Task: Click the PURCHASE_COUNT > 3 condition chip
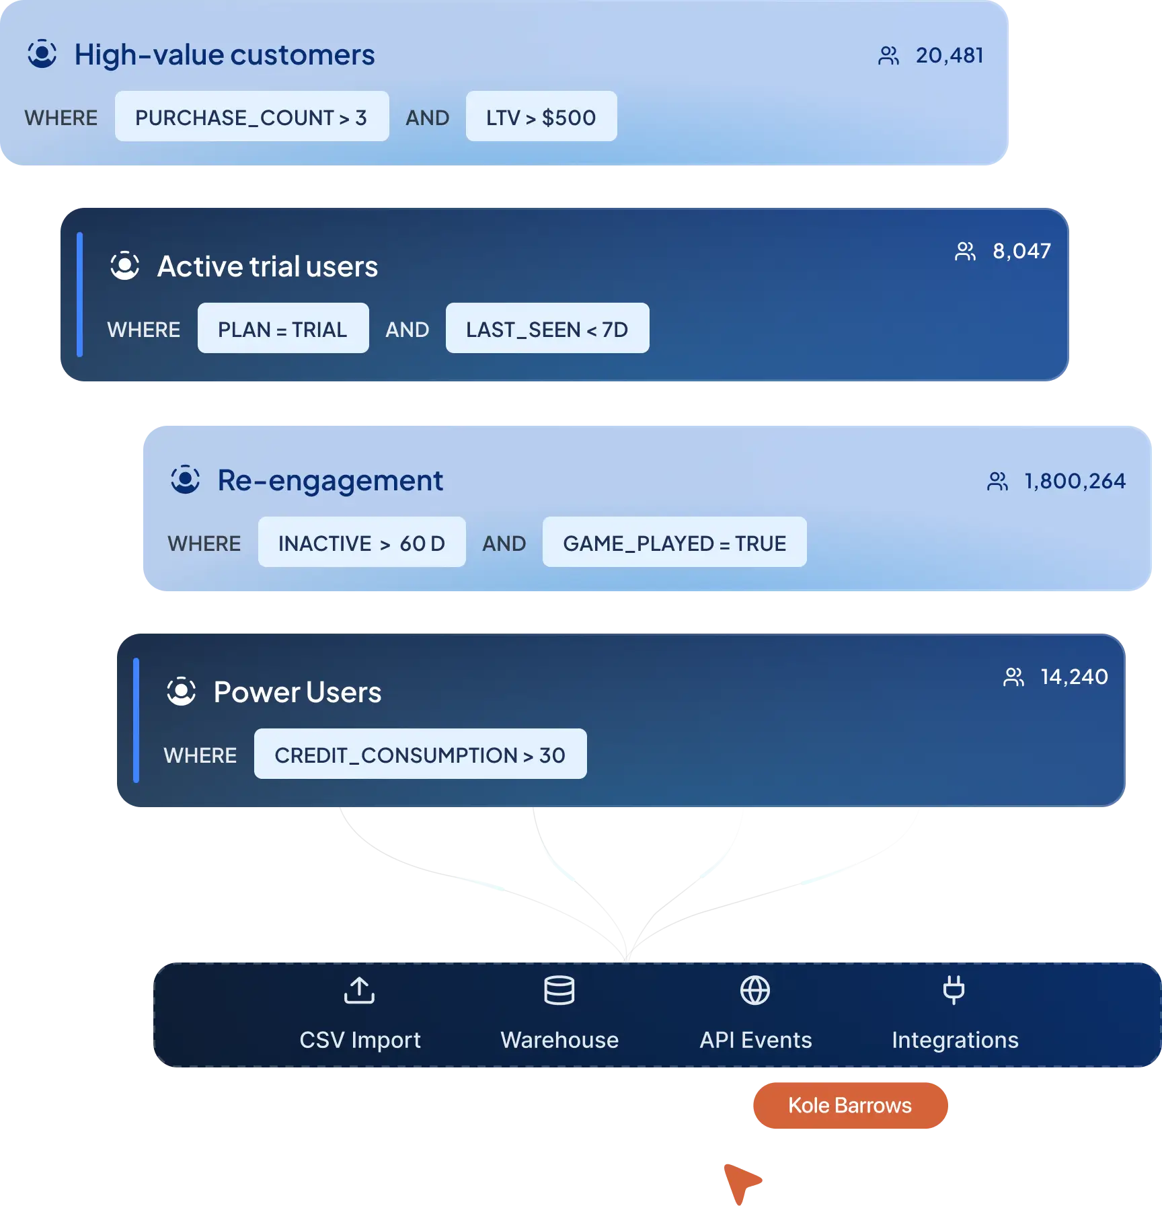click(251, 117)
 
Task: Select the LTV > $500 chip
click(541, 117)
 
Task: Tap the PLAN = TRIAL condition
click(282, 329)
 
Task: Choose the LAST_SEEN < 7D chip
click(547, 329)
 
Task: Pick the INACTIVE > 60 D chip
click(361, 543)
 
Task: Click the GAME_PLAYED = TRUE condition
click(674, 543)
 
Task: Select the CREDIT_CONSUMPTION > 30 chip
click(420, 755)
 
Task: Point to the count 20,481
click(949, 55)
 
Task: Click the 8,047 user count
click(1021, 251)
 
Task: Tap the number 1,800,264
click(1074, 481)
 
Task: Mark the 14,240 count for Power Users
click(1074, 677)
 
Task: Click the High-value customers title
click(224, 55)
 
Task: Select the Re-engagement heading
click(330, 481)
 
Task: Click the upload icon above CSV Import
click(359, 990)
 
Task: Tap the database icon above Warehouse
click(559, 990)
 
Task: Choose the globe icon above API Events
click(754, 990)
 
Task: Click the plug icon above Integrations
click(954, 990)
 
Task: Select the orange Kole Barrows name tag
click(849, 1105)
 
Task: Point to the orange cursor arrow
click(740, 1181)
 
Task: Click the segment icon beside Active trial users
click(124, 266)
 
